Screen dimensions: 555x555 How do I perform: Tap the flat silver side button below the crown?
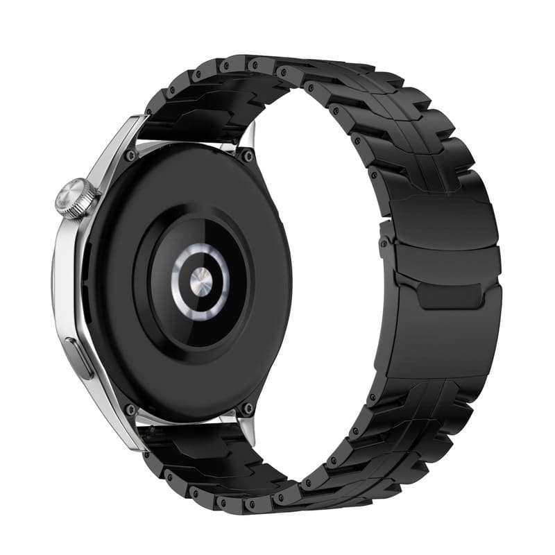[x=79, y=357]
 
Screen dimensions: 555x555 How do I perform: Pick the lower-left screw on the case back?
[x=130, y=409]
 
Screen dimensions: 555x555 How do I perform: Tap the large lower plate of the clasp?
[x=444, y=340]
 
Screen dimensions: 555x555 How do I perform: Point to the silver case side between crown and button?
[x=69, y=277]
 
